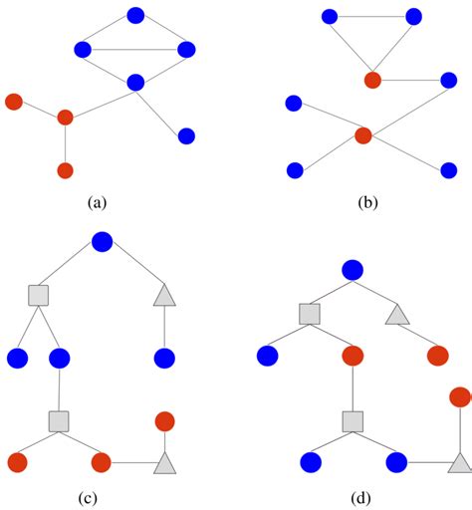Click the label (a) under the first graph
point(96,203)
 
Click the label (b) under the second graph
point(367,203)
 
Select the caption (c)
point(96,497)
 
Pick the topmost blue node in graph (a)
point(136,15)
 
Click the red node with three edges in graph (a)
point(65,118)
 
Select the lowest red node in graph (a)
point(65,170)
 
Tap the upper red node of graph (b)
point(372,80)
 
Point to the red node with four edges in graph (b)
point(363,134)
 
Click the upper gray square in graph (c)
point(38,295)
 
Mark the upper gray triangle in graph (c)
point(164,295)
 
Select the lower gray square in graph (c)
point(58,419)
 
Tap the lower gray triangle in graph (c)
point(164,462)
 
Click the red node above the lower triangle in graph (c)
point(165,420)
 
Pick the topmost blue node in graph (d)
point(352,269)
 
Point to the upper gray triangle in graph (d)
point(397,316)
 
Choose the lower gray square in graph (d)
point(352,421)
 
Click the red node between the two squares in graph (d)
point(352,356)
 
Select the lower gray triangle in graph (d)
point(459,462)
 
